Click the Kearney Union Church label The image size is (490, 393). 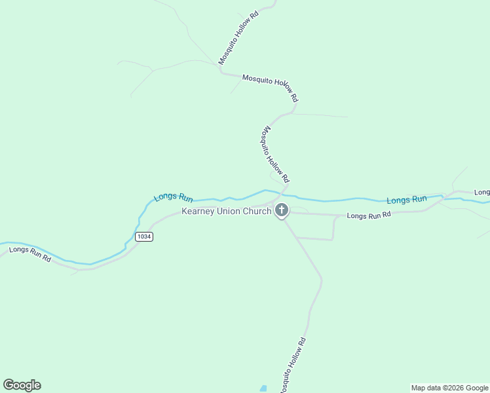226,212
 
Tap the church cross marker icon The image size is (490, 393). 282,210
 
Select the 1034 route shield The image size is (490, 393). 144,236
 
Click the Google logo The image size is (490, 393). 22,385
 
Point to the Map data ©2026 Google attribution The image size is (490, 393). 449,388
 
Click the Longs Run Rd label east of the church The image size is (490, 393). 368,215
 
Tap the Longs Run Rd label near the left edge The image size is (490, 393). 30,253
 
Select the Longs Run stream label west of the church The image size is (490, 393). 174,196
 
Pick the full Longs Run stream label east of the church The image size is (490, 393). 406,199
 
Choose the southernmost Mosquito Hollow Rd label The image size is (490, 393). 292,365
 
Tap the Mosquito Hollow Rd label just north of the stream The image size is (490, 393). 275,155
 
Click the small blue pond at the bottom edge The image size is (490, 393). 263,388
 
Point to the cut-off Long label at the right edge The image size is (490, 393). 482,192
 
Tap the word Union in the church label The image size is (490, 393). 230,212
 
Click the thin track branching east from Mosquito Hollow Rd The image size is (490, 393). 321,116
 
